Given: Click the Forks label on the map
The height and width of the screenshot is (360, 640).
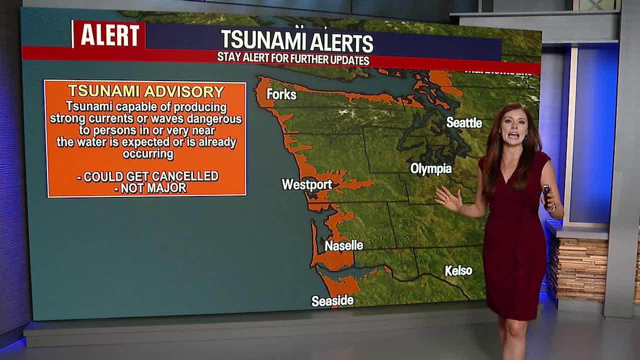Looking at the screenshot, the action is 281,94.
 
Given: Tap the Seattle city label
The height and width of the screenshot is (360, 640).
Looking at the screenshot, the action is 464,122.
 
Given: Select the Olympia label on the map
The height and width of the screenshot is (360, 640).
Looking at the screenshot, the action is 431,169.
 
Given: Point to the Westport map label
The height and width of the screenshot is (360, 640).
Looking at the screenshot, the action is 306,184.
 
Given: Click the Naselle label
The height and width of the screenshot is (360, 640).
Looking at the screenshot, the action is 343,245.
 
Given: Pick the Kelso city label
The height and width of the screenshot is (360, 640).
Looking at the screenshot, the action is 458,271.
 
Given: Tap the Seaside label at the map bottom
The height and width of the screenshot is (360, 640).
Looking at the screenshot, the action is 332,301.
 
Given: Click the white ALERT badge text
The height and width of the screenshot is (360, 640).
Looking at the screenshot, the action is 110,35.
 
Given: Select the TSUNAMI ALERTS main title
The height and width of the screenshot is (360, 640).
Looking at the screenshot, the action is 297,41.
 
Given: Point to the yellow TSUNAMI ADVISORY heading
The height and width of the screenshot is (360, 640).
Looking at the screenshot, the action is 146,91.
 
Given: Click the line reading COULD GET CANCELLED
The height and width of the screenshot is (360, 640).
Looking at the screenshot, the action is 148,176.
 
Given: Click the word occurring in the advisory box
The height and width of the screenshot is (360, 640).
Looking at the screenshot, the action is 148,153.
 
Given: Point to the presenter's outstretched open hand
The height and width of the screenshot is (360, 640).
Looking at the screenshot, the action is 447,198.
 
